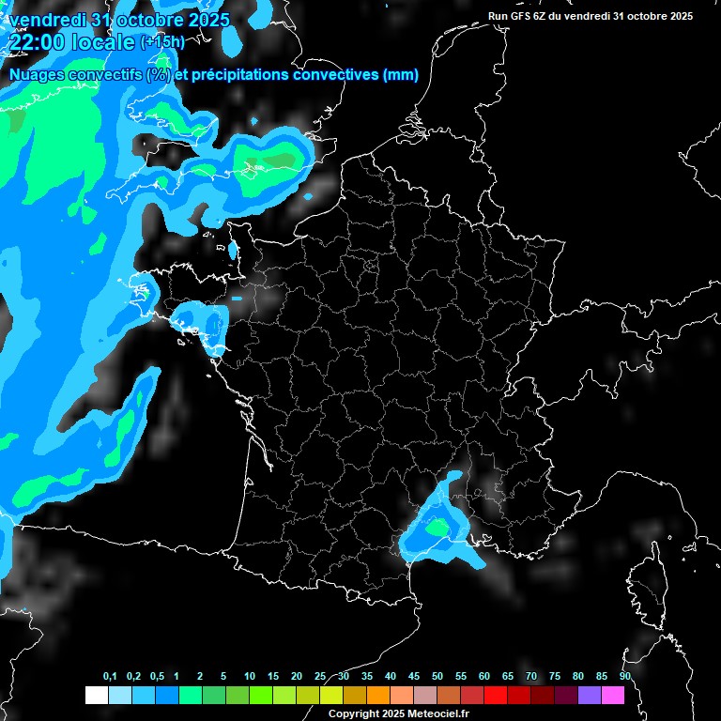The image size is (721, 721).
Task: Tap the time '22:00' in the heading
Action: click(x=36, y=41)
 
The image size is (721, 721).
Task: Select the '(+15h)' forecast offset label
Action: click(x=161, y=42)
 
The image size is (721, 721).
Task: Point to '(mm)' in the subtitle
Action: click(x=401, y=75)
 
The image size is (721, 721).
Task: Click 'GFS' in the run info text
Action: click(x=522, y=16)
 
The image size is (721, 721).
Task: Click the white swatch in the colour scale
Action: click(x=96, y=695)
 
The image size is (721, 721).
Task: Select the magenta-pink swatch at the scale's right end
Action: click(x=613, y=695)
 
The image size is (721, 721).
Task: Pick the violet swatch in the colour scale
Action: click(x=590, y=695)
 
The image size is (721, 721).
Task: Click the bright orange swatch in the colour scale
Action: click(x=377, y=695)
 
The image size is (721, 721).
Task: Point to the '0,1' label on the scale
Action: click(x=110, y=677)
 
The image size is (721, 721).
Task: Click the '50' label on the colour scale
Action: click(x=437, y=677)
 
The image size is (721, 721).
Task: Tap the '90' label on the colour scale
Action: click(x=625, y=677)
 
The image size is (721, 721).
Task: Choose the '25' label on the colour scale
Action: click(x=320, y=677)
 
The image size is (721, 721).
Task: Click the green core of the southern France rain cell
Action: click(x=437, y=529)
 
